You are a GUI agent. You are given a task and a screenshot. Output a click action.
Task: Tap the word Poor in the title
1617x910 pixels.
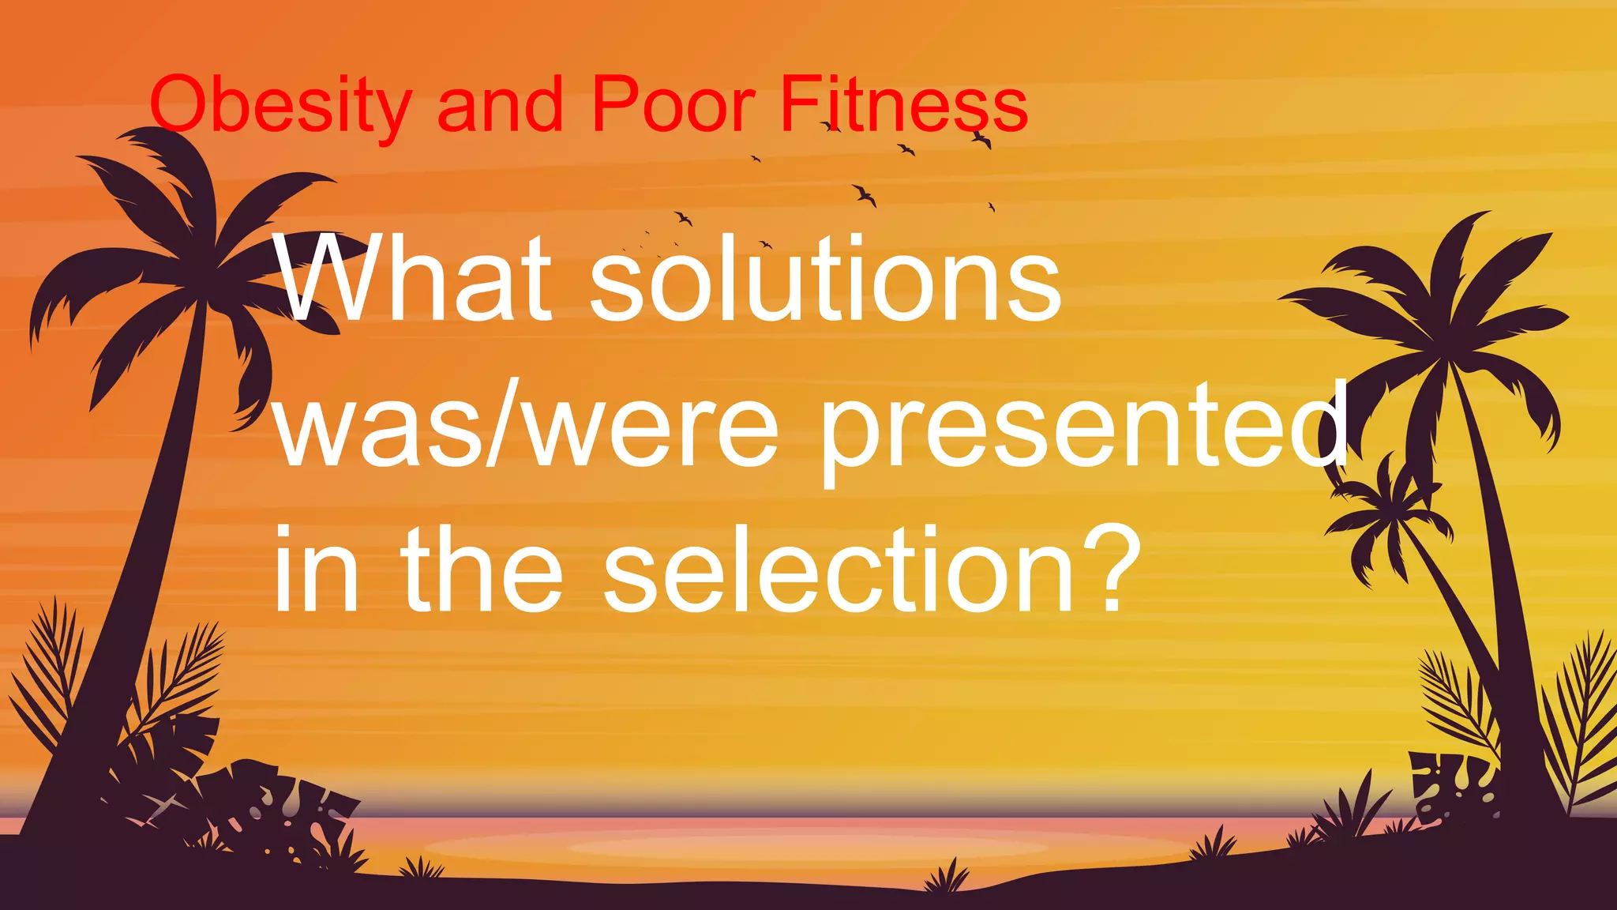click(673, 104)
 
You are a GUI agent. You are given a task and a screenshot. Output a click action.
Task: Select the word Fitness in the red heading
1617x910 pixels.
click(904, 104)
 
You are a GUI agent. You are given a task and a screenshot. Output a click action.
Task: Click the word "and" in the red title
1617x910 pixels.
click(500, 104)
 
